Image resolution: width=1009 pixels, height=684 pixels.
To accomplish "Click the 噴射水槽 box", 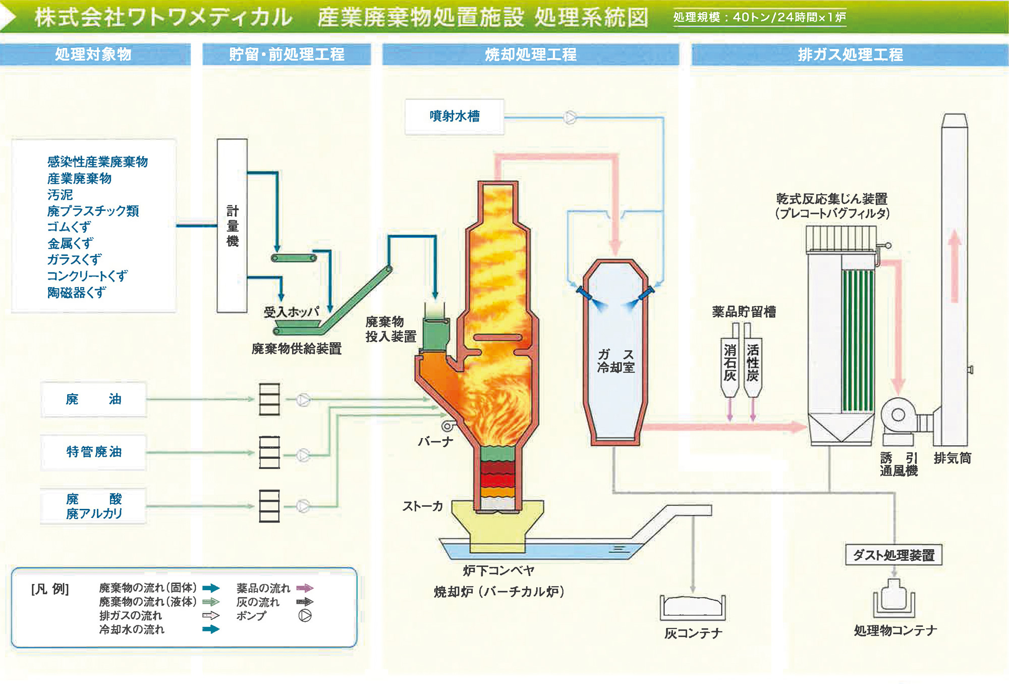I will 454,117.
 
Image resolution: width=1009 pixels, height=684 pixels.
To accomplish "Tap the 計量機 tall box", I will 232,226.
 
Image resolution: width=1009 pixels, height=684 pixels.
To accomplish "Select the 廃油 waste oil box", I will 94,399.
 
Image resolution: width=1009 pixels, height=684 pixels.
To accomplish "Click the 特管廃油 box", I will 94,452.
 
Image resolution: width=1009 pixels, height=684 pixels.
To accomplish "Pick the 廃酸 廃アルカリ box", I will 94,506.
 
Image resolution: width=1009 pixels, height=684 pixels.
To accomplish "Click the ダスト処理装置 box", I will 893,555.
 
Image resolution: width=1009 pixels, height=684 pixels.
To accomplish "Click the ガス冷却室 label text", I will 615,361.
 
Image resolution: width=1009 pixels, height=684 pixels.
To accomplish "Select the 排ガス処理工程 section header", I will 850,55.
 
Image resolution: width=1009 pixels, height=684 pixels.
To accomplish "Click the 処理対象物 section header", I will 94,55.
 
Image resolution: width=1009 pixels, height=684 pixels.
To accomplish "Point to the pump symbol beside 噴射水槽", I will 570,118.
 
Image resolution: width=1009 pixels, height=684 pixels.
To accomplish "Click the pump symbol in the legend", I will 305,616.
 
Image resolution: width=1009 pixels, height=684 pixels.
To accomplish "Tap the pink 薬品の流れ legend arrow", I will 305,588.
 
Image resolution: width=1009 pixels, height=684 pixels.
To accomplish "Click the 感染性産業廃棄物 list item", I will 97,162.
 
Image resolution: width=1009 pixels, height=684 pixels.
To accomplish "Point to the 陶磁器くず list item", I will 77,293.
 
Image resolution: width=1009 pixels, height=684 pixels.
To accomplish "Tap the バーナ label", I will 435,442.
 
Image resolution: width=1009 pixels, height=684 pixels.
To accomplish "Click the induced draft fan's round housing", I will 898,415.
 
